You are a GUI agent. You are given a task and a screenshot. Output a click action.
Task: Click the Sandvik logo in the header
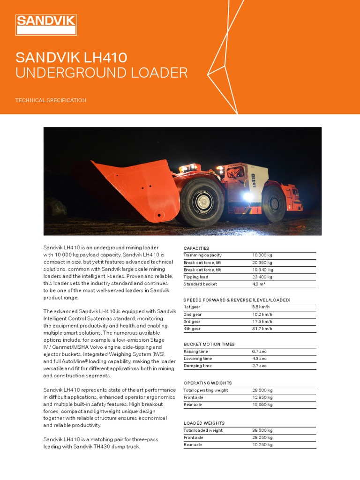click(46, 25)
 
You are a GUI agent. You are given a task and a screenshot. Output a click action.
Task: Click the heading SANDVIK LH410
click(71, 58)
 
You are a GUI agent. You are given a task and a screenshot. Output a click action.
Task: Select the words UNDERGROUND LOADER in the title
click(101, 73)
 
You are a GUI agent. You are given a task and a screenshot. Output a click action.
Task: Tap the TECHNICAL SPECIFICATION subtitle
click(51, 100)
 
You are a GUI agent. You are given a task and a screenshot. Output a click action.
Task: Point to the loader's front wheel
click(202, 202)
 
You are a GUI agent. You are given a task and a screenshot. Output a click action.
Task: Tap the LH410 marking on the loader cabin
click(253, 180)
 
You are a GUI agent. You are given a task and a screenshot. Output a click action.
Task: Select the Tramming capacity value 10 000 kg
click(262, 255)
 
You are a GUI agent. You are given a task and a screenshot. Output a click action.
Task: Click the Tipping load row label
click(196, 277)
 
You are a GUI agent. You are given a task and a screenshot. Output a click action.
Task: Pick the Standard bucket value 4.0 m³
click(259, 284)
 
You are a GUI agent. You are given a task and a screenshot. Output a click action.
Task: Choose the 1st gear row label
click(192, 307)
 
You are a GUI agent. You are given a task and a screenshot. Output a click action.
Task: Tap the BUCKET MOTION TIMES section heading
click(209, 344)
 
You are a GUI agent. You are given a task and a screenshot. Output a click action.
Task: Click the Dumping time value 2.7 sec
click(259, 366)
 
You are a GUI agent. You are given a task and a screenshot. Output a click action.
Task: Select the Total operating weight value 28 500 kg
click(262, 390)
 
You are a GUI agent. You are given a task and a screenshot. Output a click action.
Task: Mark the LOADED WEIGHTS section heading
click(204, 423)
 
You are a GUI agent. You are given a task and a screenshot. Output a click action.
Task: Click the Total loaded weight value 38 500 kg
click(262, 430)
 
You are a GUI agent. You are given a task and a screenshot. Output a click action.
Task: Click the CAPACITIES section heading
click(196, 248)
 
